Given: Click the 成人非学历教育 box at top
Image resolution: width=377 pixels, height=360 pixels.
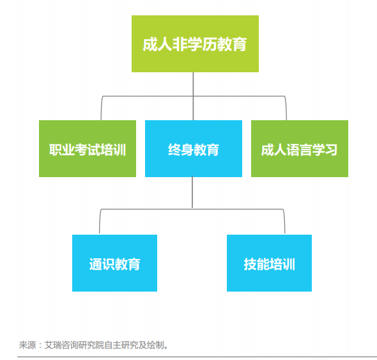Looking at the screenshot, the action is coord(195,43).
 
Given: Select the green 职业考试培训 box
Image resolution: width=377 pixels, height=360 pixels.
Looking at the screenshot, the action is coord(88,149).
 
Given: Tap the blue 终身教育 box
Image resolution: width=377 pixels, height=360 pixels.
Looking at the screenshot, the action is coord(194,149).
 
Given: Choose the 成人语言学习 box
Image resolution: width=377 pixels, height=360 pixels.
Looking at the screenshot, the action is coord(300,149).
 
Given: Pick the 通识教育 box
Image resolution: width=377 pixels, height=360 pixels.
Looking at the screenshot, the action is coord(114,263).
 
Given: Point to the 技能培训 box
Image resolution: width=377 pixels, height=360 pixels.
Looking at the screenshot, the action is coord(269,263).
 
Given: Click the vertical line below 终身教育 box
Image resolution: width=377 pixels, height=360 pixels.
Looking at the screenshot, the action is coord(192,192).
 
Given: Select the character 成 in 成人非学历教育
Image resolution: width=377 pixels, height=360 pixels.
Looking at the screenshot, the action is coord(150,45).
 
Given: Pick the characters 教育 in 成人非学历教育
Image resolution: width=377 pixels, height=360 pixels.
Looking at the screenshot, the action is coord(231,45).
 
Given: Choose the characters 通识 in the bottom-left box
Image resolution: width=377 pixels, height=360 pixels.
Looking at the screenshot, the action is coord(102,264).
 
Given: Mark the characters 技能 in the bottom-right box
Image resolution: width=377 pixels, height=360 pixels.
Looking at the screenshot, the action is coord(256,264).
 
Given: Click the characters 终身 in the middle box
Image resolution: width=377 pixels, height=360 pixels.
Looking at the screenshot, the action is coord(181,150).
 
